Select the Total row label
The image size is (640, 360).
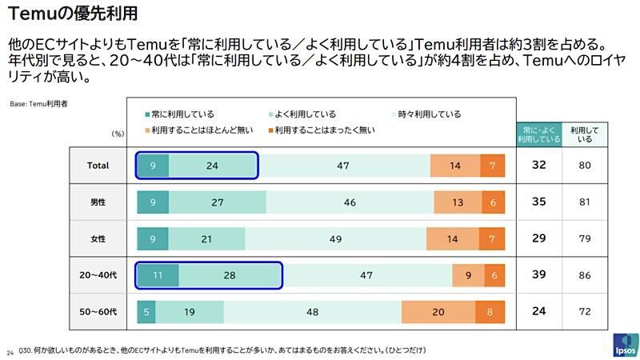pos(98,166)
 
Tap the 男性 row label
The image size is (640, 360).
pos(98,202)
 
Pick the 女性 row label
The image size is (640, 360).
pos(98,239)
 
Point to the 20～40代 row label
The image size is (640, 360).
pos(98,275)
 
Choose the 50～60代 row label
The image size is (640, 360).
pos(98,312)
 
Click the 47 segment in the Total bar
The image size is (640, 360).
pos(343,166)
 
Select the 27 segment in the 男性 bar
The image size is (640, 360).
pos(217,202)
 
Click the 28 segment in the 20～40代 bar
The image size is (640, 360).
pos(230,275)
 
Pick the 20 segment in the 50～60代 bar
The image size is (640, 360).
pos(438,312)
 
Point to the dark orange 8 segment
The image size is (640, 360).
pos(490,312)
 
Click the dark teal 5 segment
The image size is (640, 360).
pos(146,312)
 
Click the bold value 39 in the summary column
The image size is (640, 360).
pos(539,275)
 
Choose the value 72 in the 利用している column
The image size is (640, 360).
pos(586,312)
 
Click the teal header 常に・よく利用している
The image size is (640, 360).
pos(538,134)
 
